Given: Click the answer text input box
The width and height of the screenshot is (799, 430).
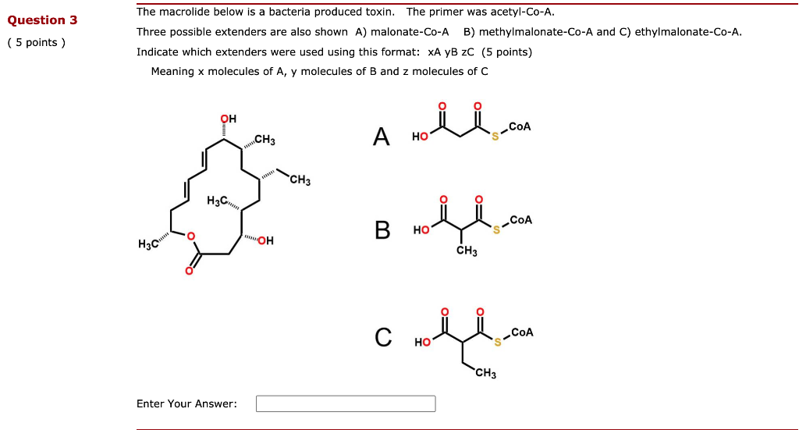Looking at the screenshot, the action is tap(346, 403).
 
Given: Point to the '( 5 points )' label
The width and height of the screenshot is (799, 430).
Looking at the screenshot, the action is tap(37, 43).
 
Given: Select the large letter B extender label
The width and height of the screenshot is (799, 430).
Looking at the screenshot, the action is tap(382, 230).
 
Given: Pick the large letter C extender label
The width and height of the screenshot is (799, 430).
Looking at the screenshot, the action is tap(382, 337).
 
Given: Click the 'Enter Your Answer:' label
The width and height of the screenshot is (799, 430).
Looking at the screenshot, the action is tap(186, 403).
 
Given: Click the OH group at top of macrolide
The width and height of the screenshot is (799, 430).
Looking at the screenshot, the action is tap(228, 119).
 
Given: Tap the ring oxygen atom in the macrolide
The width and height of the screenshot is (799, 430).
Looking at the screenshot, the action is tap(190, 236).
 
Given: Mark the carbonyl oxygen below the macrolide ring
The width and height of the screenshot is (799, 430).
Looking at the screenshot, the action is tap(189, 272).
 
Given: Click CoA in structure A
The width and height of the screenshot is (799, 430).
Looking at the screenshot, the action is tap(520, 126).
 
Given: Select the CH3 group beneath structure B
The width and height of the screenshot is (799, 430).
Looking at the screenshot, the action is tap(467, 251).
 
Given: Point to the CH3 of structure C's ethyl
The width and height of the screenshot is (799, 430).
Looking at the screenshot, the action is tap(485, 374).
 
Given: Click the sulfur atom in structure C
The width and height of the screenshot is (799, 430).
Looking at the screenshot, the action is tap(496, 342).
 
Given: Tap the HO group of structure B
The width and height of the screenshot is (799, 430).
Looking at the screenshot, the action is tap(421, 230).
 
